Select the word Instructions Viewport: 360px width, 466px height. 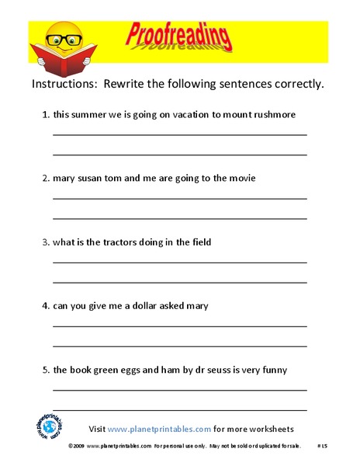61,84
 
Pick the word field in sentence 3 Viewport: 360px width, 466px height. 199,242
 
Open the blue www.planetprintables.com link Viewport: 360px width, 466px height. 159,429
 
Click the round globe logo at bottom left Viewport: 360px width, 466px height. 50,428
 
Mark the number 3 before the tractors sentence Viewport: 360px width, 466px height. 44,242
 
